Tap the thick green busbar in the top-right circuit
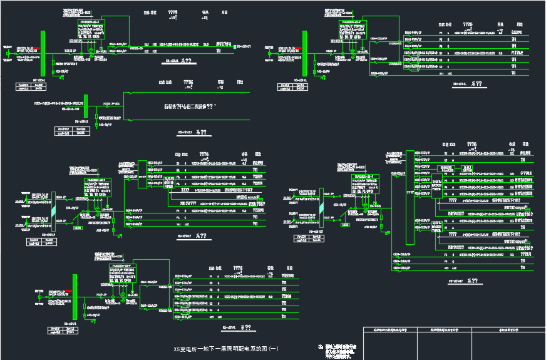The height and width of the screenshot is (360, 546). tap(305, 54)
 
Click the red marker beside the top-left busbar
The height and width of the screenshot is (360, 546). tap(37, 48)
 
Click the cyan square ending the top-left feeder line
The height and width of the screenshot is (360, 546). tap(235, 46)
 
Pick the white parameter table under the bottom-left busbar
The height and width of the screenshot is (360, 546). tap(63, 330)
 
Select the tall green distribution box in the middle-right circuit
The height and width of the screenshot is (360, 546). tap(410, 197)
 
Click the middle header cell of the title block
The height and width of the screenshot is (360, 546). tap(445, 329)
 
